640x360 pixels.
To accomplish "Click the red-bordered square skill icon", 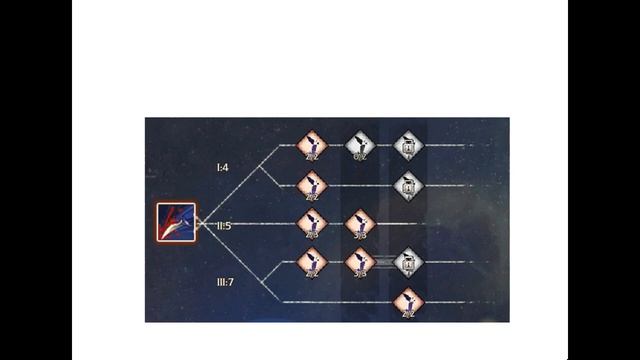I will tap(175, 222).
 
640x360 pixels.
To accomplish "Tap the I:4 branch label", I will tap(223, 167).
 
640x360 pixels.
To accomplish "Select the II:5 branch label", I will tap(224, 226).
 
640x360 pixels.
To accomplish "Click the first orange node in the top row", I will tap(312, 146).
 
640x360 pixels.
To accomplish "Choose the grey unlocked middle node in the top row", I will tap(360, 146).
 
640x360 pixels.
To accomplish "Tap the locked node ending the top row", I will tap(408, 146).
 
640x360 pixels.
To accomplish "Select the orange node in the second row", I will tap(312, 185).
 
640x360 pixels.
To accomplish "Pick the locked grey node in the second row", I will tap(408, 185).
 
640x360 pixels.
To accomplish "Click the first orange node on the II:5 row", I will tap(312, 223).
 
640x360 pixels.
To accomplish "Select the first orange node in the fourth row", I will tap(312, 263).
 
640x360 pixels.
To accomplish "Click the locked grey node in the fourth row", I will tap(408, 263).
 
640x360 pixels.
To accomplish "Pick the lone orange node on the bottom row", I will tap(408, 301).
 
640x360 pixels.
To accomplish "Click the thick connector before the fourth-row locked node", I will tap(383, 263).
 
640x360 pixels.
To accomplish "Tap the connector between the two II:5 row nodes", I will tap(335, 223).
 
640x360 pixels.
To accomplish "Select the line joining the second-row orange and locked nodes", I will tap(360, 185).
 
